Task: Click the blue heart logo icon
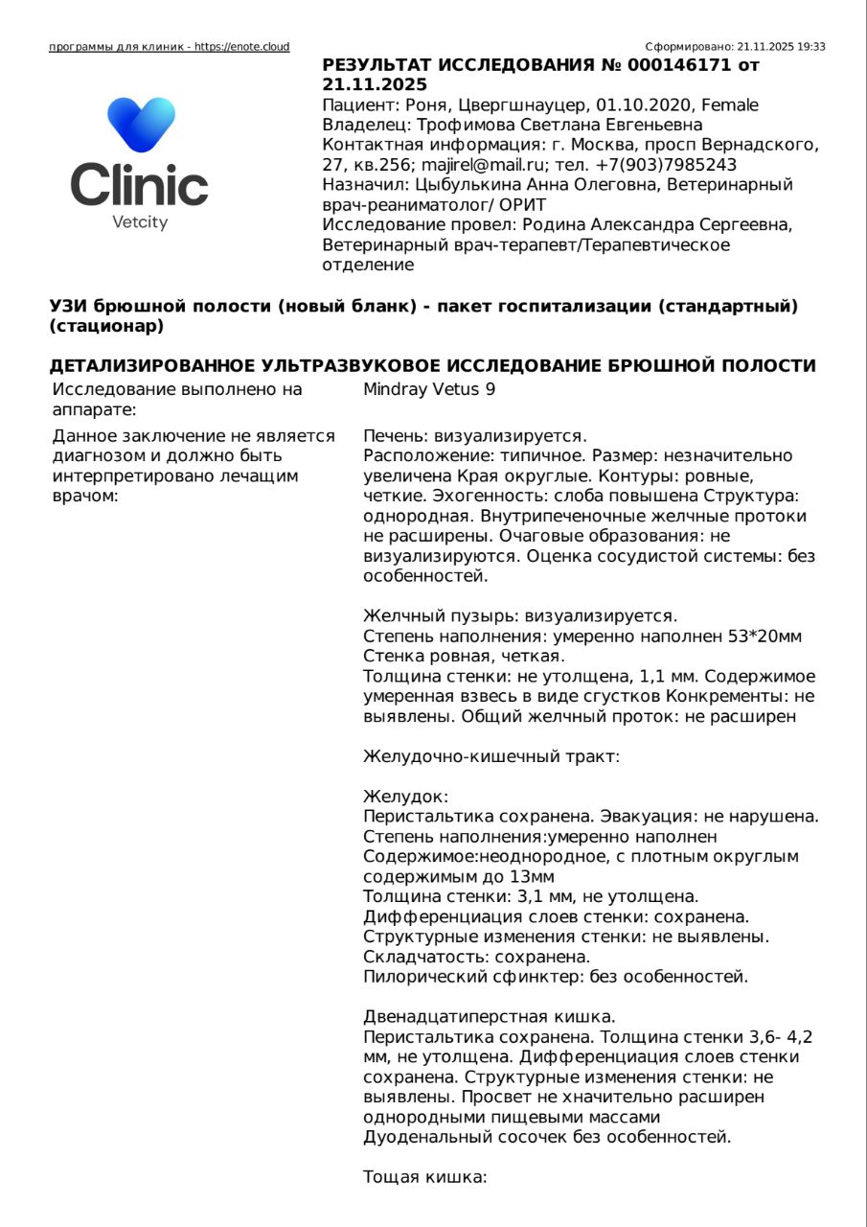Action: [x=141, y=125]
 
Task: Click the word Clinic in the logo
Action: [x=140, y=184]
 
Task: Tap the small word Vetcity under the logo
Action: [x=140, y=222]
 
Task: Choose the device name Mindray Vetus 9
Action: [x=429, y=389]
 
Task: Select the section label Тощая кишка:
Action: [x=425, y=1177]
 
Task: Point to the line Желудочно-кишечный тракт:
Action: [x=491, y=756]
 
